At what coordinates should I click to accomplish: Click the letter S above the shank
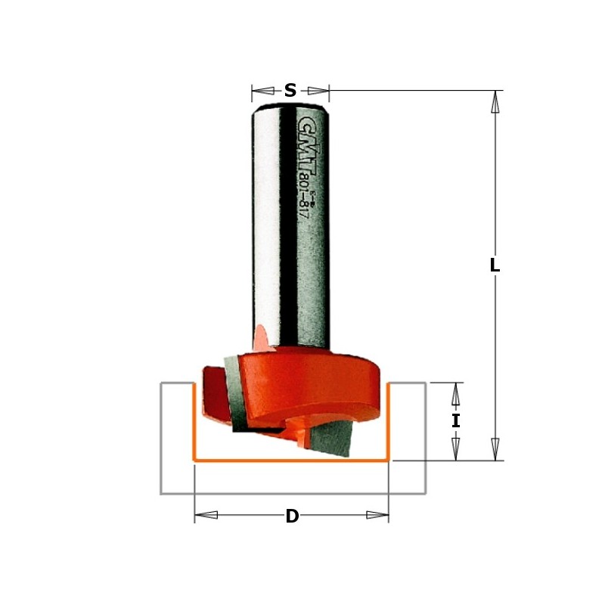coord(290,91)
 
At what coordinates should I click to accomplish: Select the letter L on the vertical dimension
coord(495,265)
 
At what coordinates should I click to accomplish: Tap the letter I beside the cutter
coord(455,421)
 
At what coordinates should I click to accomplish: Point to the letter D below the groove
coord(292,517)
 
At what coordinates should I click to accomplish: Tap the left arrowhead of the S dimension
coord(262,91)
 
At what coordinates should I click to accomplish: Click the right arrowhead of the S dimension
coord(319,91)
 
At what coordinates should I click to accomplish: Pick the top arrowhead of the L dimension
coord(495,102)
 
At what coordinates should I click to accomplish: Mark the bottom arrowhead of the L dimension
coord(495,449)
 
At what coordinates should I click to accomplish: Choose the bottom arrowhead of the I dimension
coord(455,450)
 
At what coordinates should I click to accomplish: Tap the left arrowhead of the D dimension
coord(206,515)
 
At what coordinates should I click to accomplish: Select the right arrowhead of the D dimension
coord(377,515)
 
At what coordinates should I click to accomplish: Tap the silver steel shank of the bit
coord(290,227)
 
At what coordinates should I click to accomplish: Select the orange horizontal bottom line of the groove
coord(292,460)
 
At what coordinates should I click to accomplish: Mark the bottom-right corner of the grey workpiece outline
coord(425,493)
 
